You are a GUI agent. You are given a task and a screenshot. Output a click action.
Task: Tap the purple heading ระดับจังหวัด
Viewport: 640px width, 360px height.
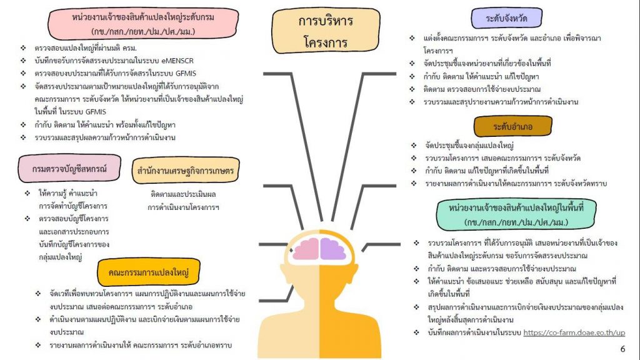coord(506,18)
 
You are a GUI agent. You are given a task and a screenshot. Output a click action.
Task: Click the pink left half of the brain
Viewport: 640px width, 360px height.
coord(306,249)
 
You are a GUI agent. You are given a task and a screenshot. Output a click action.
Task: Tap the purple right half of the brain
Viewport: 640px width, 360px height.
coord(334,249)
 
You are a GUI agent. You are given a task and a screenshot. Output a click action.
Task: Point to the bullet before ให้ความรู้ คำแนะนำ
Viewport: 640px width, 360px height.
coord(27,193)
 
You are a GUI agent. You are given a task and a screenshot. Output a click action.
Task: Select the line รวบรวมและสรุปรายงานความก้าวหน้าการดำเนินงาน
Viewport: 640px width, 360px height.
coord(501,102)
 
